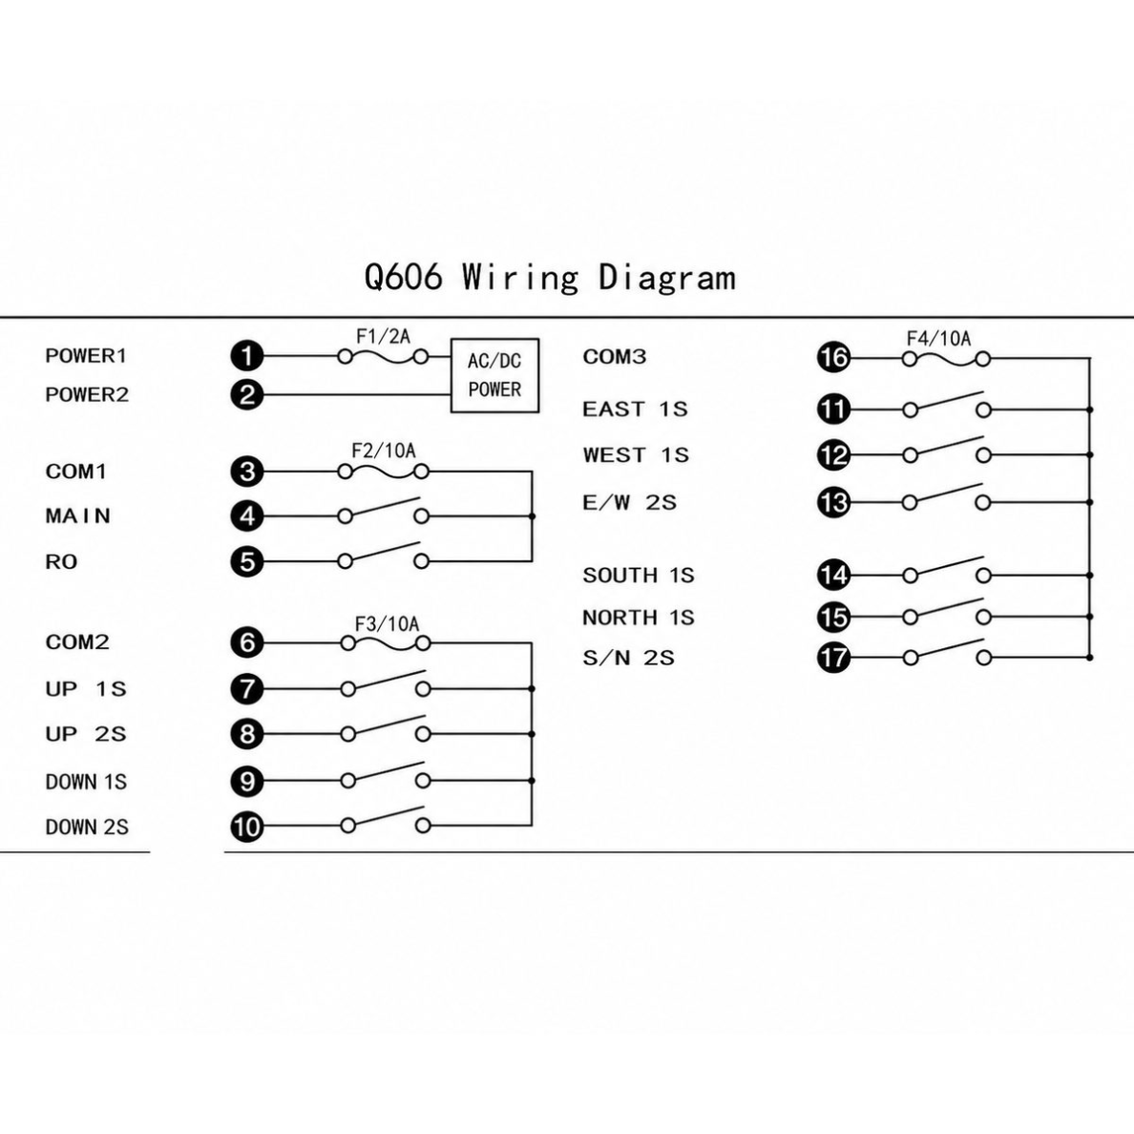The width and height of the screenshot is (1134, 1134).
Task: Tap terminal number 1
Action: [247, 356]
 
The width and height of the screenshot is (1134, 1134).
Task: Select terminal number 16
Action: [834, 357]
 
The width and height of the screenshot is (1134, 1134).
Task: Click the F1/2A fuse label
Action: [384, 336]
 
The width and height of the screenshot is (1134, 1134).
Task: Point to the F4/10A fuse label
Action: [938, 339]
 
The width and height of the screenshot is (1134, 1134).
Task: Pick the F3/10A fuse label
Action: [387, 623]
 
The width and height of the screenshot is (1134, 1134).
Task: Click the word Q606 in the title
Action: [403, 277]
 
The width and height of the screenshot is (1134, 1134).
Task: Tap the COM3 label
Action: [615, 357]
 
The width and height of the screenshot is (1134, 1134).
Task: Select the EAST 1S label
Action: [635, 409]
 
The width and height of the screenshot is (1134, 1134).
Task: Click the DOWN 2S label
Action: [87, 827]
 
